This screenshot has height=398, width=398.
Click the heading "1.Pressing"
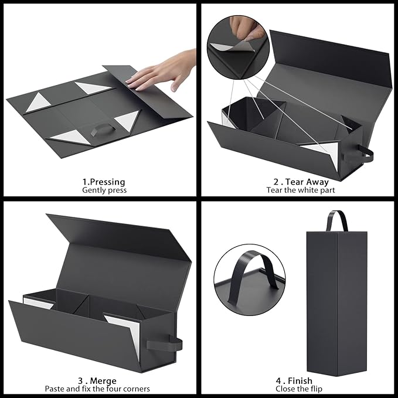click(x=104, y=182)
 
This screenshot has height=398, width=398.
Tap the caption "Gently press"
click(x=104, y=191)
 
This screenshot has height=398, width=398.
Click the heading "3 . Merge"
click(x=97, y=380)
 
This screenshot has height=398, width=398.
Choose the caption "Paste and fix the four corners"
click(x=97, y=389)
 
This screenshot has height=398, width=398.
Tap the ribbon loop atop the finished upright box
click(x=336, y=222)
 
